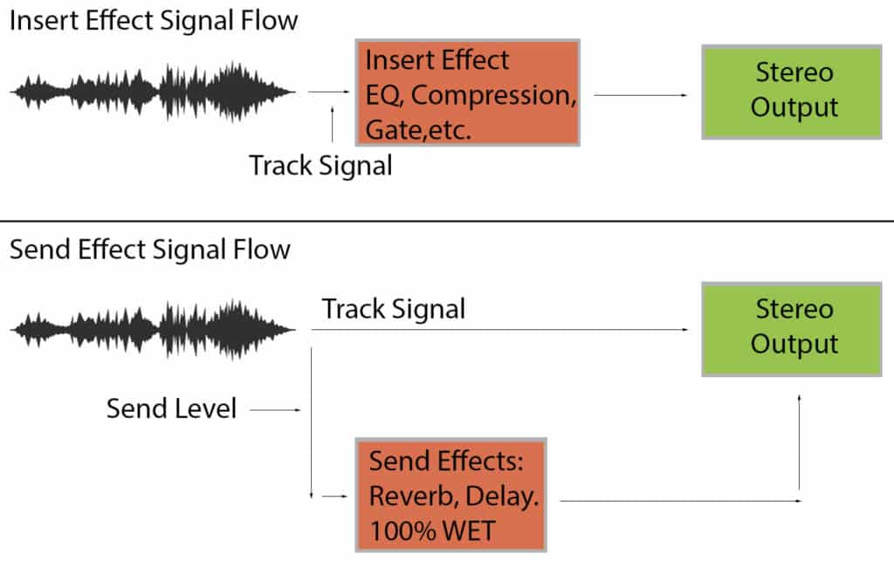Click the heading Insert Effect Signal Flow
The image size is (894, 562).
click(x=154, y=20)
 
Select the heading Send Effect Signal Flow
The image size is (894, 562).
click(x=149, y=250)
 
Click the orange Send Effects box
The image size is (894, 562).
click(x=451, y=495)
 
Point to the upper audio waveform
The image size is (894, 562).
click(x=153, y=91)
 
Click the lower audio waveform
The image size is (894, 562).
click(x=153, y=329)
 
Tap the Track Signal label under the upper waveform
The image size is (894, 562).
click(x=320, y=165)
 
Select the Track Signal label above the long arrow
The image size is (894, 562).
click(x=394, y=308)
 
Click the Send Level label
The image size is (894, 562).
click(x=171, y=408)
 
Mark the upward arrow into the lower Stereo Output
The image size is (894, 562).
click(x=801, y=445)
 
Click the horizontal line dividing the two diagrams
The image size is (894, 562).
click(x=447, y=222)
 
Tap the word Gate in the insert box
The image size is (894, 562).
click(x=388, y=131)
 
